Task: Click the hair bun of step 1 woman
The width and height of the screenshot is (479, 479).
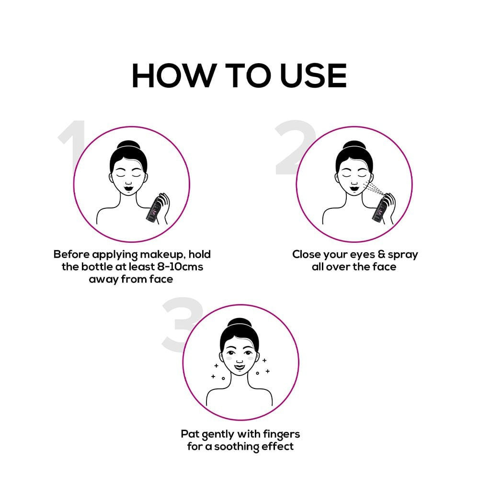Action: click(128, 145)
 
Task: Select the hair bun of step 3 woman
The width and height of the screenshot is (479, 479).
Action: click(239, 323)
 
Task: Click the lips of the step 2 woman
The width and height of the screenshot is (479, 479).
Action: click(354, 190)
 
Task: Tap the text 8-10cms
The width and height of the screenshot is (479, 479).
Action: click(180, 267)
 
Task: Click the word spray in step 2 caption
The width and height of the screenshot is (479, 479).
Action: click(403, 255)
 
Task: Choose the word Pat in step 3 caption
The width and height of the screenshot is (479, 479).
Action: click(189, 434)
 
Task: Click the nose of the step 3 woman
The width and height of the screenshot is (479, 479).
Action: click(239, 361)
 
